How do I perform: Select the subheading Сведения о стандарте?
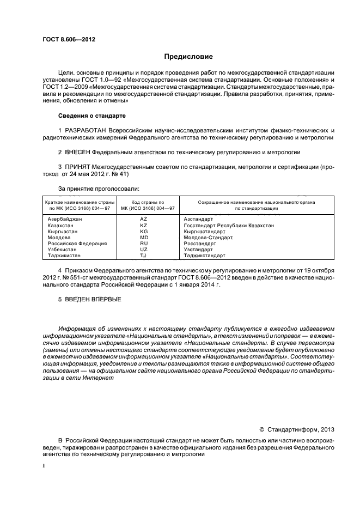[92, 116]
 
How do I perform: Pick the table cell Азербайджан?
[65, 218]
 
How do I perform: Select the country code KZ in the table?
[143, 225]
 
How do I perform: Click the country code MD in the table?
[144, 237]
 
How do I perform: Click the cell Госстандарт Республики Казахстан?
[229, 225]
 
